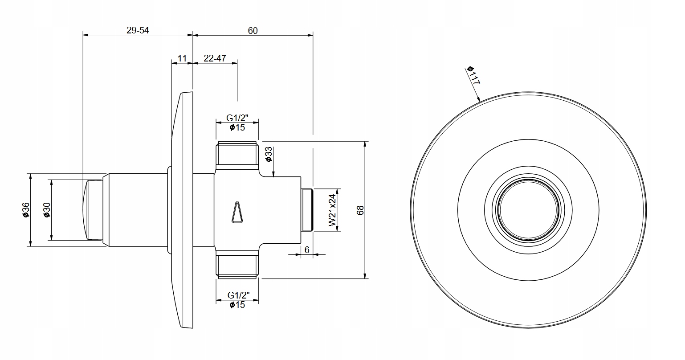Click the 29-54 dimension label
pos(138,30)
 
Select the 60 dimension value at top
pos(253,30)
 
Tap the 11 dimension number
pos(182,58)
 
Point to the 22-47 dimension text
pos(215,58)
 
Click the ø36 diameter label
pos(25,209)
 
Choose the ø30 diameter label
pos(46,209)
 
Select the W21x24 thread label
pos(332,210)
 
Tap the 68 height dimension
pos(361,210)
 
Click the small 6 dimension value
pos(307,250)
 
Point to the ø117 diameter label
pos(473,75)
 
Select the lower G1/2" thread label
pos(237,295)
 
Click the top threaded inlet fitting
pos(237,154)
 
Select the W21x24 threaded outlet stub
pos(308,210)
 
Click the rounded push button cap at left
pos(92,209)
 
